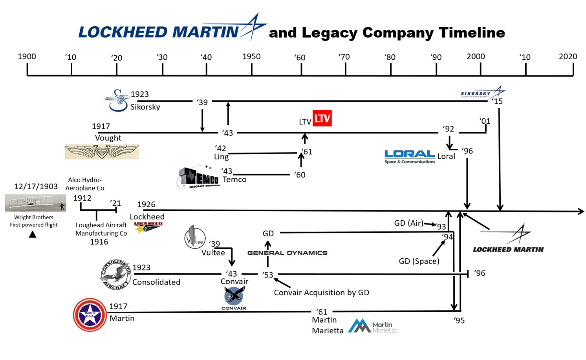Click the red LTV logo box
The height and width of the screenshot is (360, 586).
322,118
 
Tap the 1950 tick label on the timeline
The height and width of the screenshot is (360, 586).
251,57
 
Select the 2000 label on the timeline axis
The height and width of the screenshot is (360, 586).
476,57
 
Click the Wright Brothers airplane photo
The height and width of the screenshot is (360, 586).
35,203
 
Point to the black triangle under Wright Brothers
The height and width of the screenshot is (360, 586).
33,234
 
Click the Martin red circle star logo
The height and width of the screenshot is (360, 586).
90,315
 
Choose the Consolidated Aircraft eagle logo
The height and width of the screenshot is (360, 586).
115,275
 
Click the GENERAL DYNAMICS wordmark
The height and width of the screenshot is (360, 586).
287,253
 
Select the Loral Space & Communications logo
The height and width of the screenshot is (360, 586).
410,156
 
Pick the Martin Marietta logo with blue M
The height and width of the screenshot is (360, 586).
373,326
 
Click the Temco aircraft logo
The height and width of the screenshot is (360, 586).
198,177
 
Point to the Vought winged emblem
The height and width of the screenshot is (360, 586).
102,152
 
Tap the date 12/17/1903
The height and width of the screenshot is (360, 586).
36,186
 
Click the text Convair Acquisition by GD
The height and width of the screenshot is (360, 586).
321,292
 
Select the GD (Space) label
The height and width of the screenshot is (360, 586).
419,261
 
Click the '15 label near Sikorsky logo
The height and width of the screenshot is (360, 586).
497,101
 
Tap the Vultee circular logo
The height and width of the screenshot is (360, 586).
195,238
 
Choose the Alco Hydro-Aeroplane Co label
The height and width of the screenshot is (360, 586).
85,184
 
